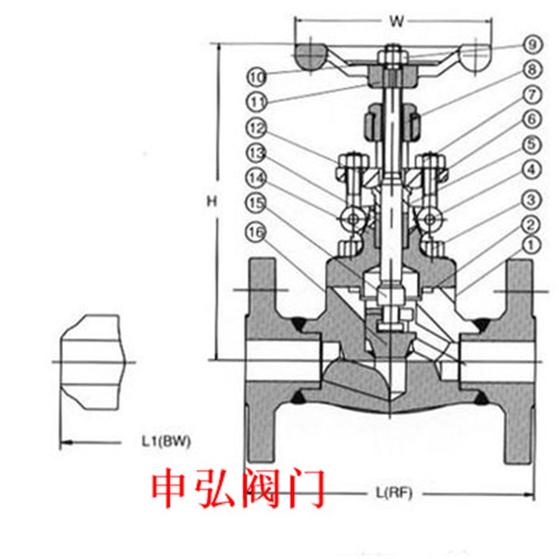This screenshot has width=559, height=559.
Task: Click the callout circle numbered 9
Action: coord(532,44)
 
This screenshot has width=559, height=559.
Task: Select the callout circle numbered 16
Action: coord(256,232)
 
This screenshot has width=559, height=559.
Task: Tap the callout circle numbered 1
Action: coord(532,245)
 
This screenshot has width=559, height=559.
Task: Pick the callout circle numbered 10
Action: coord(257,77)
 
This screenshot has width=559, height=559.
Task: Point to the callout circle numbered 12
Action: coord(257,128)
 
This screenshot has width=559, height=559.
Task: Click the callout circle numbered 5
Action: coord(532,145)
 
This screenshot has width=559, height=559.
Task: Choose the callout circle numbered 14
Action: coord(257,178)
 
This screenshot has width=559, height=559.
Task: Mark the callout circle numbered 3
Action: coord(532,200)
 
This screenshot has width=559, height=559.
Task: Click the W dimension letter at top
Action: coord(396,21)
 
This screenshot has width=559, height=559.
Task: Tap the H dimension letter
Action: coord(211,202)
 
